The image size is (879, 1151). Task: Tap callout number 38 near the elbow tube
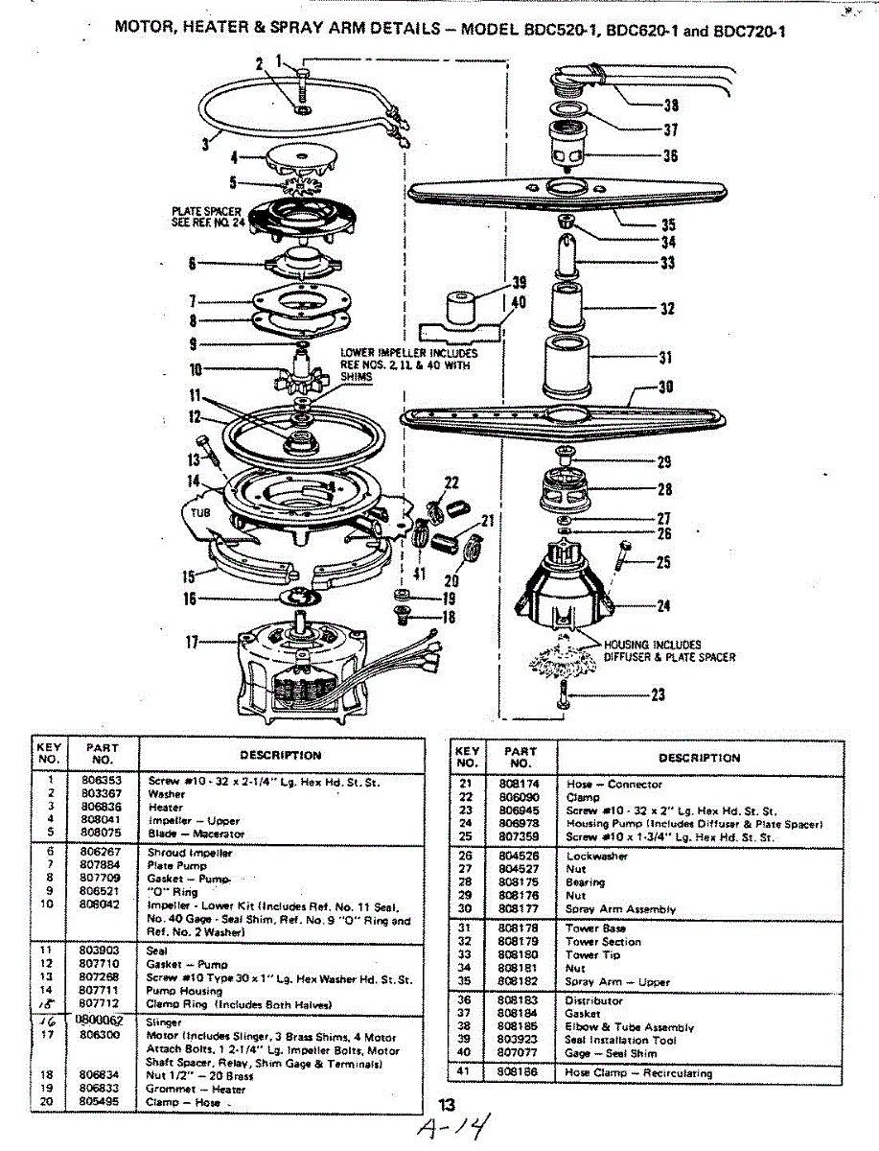tap(670, 106)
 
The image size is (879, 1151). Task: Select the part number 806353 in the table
tap(103, 782)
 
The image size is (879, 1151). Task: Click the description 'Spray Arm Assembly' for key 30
tap(620, 908)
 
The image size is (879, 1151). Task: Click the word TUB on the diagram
tap(195, 512)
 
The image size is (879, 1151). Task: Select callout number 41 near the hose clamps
tap(419, 574)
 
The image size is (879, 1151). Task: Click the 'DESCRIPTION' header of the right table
tap(699, 758)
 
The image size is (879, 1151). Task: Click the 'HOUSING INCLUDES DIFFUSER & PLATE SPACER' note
tap(669, 651)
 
